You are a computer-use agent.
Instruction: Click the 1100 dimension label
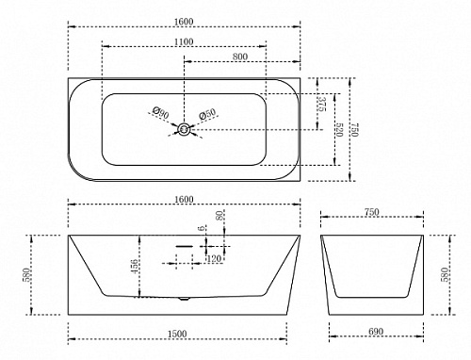(185, 41)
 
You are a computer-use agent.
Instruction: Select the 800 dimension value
(240, 57)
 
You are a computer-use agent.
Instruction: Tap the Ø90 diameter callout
(160, 112)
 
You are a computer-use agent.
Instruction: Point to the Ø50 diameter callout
(207, 113)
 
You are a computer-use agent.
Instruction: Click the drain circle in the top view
(184, 129)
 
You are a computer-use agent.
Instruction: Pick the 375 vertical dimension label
(322, 104)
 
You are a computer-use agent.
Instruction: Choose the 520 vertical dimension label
(339, 130)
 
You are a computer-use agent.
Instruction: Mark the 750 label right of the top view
(354, 130)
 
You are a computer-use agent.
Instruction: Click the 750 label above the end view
(372, 212)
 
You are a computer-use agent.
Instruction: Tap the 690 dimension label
(376, 332)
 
